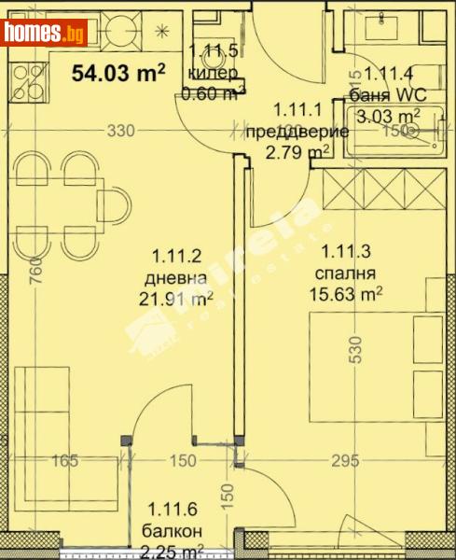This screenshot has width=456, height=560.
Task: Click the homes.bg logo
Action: coord(44,35)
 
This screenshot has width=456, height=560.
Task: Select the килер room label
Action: coord(213,74)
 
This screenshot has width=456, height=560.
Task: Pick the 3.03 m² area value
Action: coord(391,116)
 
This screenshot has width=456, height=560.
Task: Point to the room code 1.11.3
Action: coord(349,251)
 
